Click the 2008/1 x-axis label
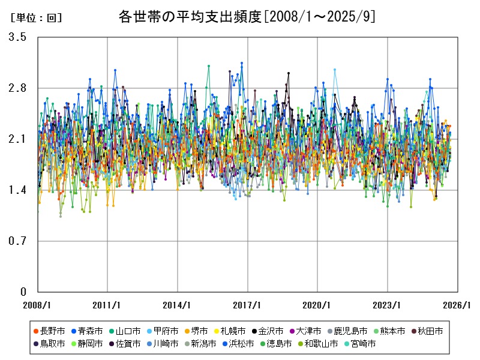pyautogui.click(x=37, y=305)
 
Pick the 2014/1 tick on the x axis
pyautogui.click(x=178, y=305)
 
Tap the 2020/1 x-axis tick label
pyautogui.click(x=317, y=305)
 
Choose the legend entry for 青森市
pyautogui.click(x=91, y=331)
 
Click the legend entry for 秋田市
pyautogui.click(x=430, y=331)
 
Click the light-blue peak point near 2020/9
pyautogui.click(x=335, y=70)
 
